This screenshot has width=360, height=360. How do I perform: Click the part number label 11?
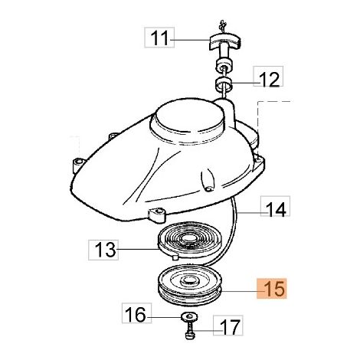(159, 38)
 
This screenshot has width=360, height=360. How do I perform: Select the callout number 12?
(268, 77)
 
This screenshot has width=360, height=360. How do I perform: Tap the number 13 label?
(103, 250)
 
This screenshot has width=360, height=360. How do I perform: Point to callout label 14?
(275, 206)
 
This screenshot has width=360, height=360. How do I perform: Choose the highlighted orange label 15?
(272, 289)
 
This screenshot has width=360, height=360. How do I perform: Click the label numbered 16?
(136, 313)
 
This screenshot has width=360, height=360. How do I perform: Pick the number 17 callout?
(228, 326)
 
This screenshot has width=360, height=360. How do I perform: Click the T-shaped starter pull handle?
(225, 45)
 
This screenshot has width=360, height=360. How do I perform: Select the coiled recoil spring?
(190, 240)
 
